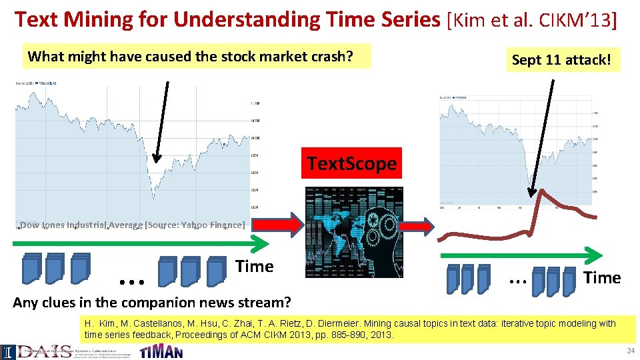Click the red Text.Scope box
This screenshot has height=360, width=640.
351,163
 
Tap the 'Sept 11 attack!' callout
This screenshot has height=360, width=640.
561,59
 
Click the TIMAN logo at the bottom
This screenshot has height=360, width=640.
161,351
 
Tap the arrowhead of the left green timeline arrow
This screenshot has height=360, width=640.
263,243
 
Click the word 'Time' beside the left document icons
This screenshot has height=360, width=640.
254,267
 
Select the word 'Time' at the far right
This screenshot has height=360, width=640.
601,277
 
